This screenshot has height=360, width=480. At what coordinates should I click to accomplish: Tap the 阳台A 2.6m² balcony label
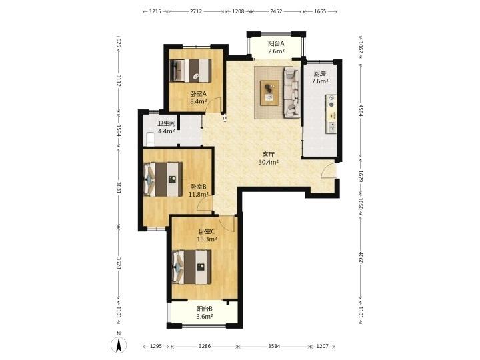(276, 47)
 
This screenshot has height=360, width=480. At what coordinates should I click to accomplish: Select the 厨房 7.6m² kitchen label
(320, 77)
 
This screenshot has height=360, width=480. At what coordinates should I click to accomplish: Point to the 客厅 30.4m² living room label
(269, 159)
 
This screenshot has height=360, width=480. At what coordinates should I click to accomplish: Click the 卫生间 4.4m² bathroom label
(166, 127)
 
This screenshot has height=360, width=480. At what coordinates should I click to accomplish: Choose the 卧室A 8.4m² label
(199, 97)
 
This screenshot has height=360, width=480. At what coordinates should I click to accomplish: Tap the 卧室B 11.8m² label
(199, 191)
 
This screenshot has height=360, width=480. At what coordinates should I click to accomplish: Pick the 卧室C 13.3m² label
(207, 235)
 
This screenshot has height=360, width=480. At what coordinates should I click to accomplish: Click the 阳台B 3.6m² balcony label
(205, 313)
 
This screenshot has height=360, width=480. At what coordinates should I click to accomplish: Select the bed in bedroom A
(191, 71)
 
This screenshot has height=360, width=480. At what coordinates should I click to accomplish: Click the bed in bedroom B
(163, 179)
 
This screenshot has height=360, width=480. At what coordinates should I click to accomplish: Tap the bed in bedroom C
(192, 267)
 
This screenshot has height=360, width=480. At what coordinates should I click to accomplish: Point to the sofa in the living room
(292, 93)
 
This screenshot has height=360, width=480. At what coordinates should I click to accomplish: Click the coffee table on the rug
(269, 93)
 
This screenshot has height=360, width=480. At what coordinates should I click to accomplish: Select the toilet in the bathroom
(150, 139)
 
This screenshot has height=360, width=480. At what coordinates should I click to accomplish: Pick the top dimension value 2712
(196, 11)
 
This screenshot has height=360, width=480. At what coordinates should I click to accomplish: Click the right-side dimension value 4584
(361, 111)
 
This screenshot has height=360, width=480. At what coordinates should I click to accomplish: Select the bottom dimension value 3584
(274, 346)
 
